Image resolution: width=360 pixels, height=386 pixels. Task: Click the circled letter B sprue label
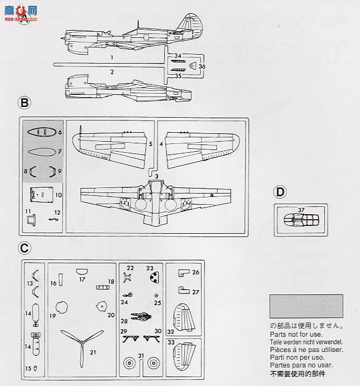[x=25, y=103]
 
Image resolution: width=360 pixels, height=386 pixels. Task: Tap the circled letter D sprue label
[x=280, y=192]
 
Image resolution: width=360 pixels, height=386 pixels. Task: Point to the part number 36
[x=202, y=66]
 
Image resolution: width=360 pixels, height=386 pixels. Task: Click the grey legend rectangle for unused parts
[x=306, y=306]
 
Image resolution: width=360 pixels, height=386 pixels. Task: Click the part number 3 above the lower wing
[x=157, y=176]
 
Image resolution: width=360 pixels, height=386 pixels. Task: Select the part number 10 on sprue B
[x=59, y=195]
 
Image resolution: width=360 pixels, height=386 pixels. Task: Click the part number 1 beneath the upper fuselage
[x=112, y=57]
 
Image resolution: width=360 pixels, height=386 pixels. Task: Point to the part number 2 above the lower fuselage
[x=112, y=72]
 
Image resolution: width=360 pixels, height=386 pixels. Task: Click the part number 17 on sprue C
[x=82, y=279]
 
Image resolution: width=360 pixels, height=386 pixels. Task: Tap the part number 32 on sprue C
[x=170, y=331]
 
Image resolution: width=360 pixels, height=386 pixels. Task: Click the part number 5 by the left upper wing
[x=151, y=143]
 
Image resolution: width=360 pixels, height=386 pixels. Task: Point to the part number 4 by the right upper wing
[x=161, y=143]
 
